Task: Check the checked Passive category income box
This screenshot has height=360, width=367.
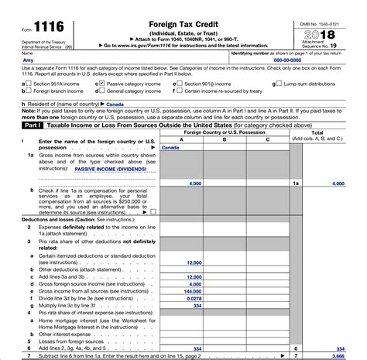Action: click(98, 81)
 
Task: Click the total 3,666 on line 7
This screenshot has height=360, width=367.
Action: click(338, 355)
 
